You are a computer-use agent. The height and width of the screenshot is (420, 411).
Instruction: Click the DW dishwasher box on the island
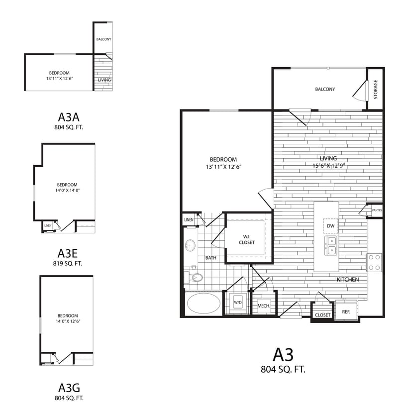pyautogui.click(x=330, y=226)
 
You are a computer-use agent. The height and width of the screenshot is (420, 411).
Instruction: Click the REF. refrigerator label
pyautogui.click(x=346, y=312)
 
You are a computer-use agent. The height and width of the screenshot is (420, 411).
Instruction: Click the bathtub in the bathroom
pyautogui.click(x=204, y=303)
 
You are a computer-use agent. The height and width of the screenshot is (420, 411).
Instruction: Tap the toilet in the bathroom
pyautogui.click(x=196, y=277)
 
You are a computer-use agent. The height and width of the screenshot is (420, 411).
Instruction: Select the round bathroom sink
pyautogui.click(x=191, y=245)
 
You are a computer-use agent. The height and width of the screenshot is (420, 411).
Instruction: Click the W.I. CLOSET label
pyautogui.click(x=246, y=239)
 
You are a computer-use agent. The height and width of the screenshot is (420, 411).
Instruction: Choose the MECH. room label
pyautogui.click(x=263, y=306)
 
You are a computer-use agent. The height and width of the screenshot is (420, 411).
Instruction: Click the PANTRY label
pyautogui.click(x=377, y=210)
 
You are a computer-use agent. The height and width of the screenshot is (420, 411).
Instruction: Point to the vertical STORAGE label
pyautogui.click(x=376, y=90)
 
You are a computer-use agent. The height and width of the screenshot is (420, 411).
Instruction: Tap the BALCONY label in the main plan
pyautogui.click(x=325, y=89)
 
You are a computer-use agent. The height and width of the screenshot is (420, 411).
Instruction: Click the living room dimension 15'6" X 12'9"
pyautogui.click(x=328, y=166)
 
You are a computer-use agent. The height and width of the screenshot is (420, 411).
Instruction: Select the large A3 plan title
pyautogui.click(x=283, y=354)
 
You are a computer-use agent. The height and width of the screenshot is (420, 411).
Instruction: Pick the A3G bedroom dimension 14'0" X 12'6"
pyautogui.click(x=67, y=321)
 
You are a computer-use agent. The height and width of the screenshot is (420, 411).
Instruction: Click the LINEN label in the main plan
pyautogui.click(x=189, y=219)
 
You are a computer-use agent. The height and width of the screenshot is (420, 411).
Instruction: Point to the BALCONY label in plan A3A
pyautogui.click(x=103, y=39)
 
